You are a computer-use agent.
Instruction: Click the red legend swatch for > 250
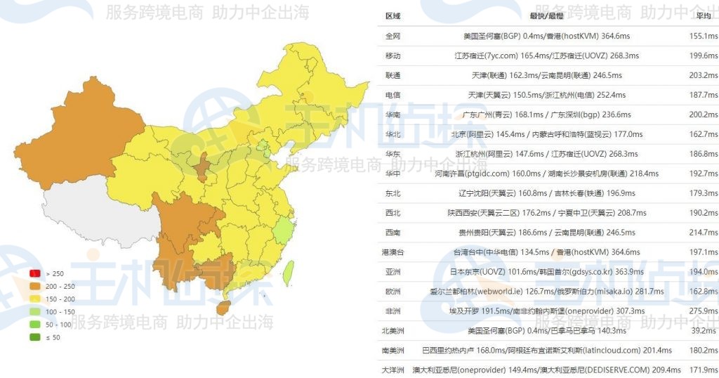click(x=34, y=273)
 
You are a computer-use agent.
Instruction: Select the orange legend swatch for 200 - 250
click(x=34, y=286)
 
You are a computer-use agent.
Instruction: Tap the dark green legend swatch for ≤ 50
click(x=34, y=337)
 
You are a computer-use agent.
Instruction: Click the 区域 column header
click(x=393, y=16)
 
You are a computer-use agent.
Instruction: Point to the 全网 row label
click(x=393, y=36)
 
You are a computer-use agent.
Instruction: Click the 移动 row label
click(x=393, y=56)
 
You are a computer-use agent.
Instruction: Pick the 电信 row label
click(x=393, y=95)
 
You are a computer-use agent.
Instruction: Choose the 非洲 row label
click(x=393, y=311)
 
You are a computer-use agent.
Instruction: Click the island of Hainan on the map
click(x=223, y=308)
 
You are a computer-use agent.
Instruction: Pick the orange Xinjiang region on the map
click(x=77, y=141)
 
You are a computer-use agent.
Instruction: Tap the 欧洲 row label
click(x=393, y=292)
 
